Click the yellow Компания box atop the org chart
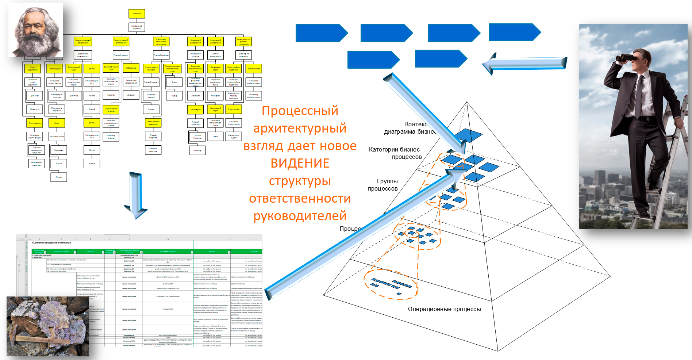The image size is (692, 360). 137,14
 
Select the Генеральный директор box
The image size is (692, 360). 137,27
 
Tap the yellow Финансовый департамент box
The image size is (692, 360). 195,42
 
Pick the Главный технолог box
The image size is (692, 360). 121,55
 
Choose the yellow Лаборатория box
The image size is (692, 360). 131,68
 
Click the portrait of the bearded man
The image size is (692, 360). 36,30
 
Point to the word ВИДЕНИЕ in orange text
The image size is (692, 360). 300,163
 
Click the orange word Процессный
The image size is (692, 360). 300,111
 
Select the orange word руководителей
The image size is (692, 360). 300,216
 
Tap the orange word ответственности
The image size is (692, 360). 300,198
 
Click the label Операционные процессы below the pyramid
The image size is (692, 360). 444,309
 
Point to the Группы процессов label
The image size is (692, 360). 383,185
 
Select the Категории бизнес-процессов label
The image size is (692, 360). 396,153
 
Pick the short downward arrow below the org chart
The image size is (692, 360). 136,195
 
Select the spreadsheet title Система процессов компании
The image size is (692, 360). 51,242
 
